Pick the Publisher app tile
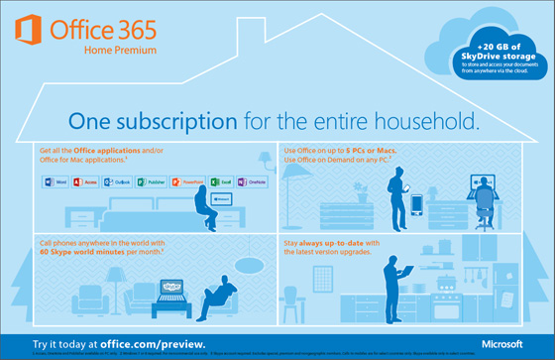(x=150, y=182)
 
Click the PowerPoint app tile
(x=185, y=182)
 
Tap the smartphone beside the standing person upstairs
(x=415, y=206)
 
